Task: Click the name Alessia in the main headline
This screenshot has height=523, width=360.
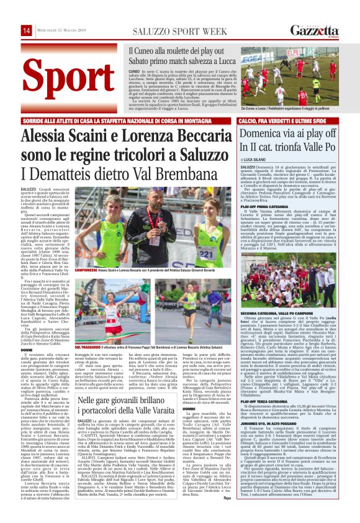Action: [47, 135]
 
